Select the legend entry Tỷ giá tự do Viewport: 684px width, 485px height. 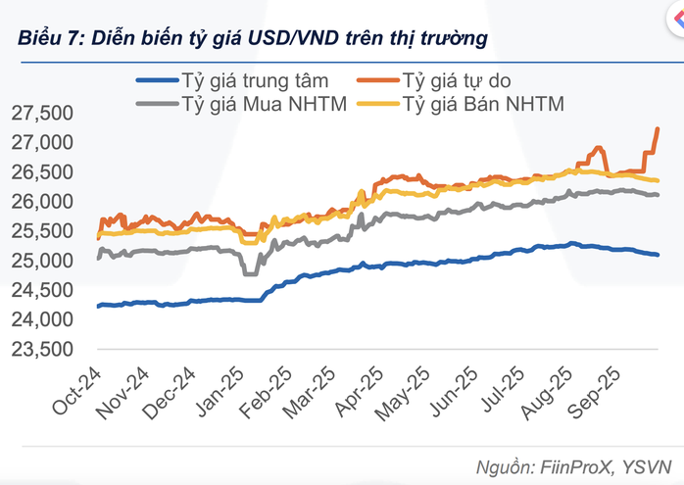coord(469,79)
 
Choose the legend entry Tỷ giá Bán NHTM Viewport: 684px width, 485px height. coord(482,103)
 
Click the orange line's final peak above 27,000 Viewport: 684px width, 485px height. coord(657,129)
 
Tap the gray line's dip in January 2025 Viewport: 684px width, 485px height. coord(250,273)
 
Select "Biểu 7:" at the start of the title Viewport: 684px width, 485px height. coord(49,38)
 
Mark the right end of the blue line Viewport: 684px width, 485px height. coord(658,255)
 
